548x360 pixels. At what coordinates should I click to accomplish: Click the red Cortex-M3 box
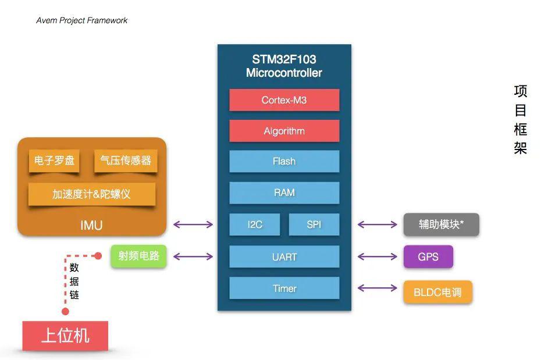pos(284,100)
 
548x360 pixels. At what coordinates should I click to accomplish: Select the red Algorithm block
pos(284,131)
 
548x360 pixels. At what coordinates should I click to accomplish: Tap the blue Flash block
pos(284,161)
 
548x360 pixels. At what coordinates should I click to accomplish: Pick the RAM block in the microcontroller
pos(284,193)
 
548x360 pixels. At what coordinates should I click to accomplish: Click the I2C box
pos(254,224)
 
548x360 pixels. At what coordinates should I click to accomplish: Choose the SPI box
pos(314,224)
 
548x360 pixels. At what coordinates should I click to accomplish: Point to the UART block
pos(284,256)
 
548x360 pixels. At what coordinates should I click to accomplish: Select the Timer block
pos(284,288)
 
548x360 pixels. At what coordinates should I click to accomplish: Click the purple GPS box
pos(428,256)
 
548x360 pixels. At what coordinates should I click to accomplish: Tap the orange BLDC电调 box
pos(437,292)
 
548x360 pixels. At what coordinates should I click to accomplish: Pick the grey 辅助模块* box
pos(441,224)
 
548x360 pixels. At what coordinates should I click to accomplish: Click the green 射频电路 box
pos(138,256)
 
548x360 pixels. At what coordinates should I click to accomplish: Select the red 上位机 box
pos(65,336)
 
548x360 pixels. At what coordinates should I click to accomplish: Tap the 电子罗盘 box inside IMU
pos(54,161)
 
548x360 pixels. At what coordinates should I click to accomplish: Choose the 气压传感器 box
pos(126,161)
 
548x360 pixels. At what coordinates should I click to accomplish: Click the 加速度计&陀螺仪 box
pos(91,194)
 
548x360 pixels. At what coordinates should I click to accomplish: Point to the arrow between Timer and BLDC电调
pos(378,288)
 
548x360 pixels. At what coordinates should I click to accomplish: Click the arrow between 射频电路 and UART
pos(193,256)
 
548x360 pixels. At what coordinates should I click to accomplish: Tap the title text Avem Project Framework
pos(82,20)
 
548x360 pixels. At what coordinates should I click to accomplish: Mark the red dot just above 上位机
pos(65,311)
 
